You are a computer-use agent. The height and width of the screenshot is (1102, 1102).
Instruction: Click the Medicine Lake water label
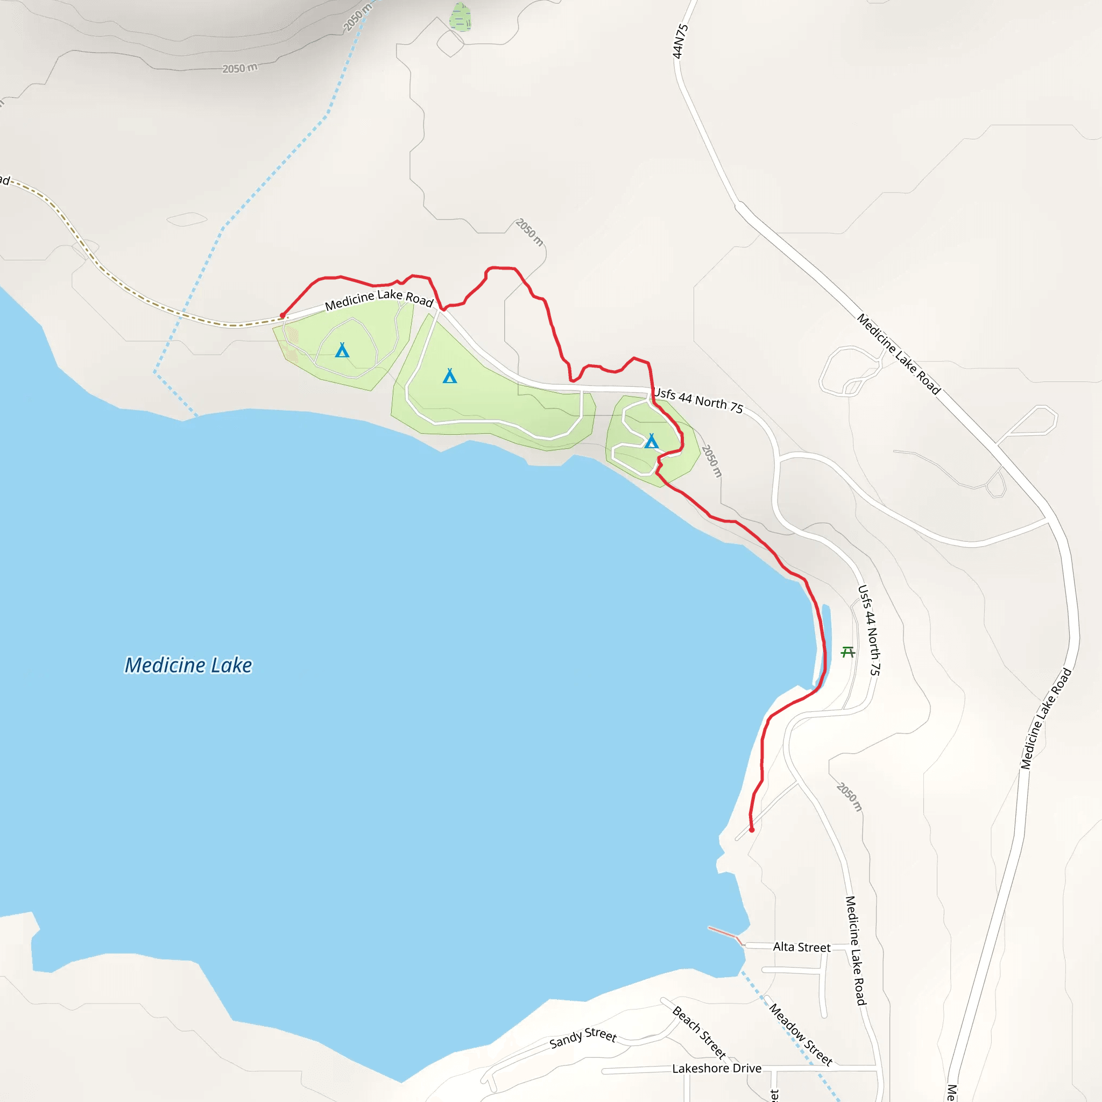(x=188, y=665)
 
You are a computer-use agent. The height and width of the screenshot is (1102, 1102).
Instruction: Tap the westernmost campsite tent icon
(x=342, y=350)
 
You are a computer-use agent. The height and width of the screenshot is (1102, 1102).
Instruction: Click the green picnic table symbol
(x=847, y=652)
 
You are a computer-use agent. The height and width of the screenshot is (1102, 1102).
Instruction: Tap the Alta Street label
(x=801, y=947)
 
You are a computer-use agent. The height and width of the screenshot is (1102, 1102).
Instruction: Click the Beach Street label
(x=699, y=1032)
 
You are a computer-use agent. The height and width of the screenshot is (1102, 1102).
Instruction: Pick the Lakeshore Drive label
(x=716, y=1068)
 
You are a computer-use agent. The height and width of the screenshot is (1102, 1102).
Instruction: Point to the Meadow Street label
(x=800, y=1034)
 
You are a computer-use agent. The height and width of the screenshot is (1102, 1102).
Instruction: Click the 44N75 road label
(x=680, y=41)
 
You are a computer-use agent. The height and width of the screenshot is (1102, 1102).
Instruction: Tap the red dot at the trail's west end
(x=282, y=315)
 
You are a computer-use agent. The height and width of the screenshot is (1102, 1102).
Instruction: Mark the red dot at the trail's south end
(x=751, y=830)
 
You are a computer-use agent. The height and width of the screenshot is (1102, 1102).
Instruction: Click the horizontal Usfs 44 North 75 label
(x=698, y=400)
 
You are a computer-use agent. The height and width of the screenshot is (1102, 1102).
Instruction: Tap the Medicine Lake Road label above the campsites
(x=379, y=299)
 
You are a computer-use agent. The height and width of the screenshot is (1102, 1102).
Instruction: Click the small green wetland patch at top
(x=460, y=17)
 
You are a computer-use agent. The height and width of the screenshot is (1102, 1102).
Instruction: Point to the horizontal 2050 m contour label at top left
(x=239, y=68)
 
